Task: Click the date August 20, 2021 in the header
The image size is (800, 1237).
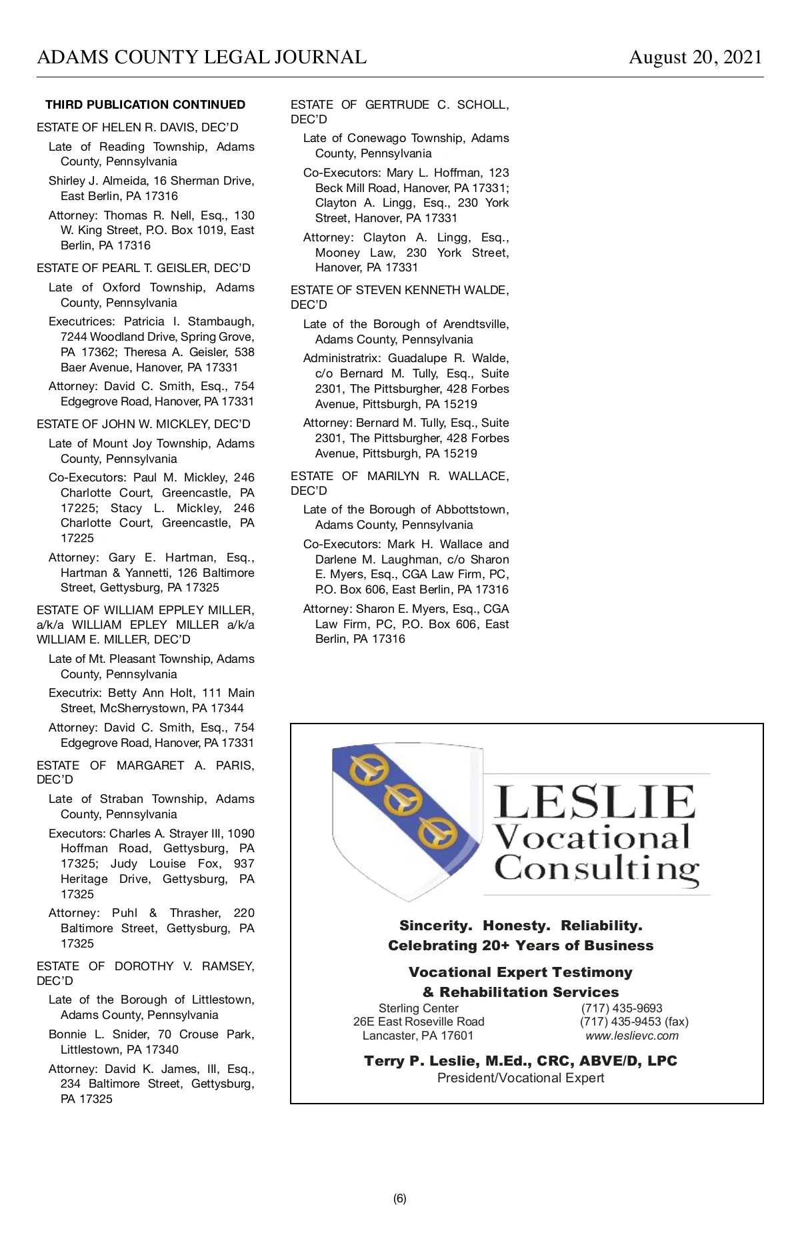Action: coord(695,57)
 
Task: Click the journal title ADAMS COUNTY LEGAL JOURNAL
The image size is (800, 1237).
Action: coord(201,57)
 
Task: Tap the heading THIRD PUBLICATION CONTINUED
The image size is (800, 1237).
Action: coord(145,105)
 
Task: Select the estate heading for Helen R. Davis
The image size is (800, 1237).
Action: coord(137,127)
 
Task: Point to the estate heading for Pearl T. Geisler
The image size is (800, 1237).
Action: coord(143,268)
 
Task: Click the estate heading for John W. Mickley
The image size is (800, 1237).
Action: coord(143,424)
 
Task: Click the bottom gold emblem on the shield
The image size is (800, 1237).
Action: coord(437,833)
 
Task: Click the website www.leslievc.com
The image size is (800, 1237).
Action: coord(632,1036)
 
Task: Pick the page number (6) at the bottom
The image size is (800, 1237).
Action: coord(400,1198)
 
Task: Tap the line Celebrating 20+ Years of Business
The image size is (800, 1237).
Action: coord(521,946)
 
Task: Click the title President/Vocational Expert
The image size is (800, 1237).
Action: coord(521,1078)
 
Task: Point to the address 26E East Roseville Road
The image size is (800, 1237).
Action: coord(419,1022)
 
